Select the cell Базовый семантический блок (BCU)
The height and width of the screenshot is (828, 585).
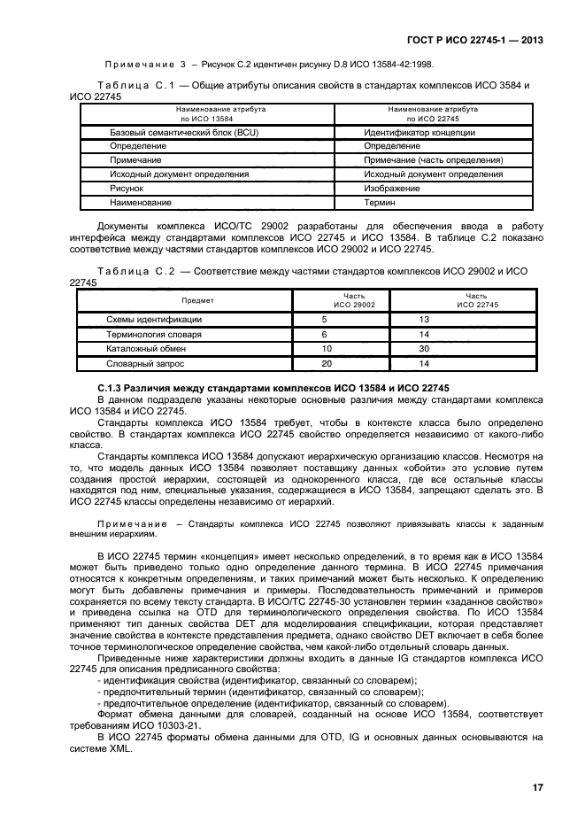166,132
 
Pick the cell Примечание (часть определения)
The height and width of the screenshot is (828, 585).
433,160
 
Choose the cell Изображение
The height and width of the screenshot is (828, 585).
391,189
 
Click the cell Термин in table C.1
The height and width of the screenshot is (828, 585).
380,203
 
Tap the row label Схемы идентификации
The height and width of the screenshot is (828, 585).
154,319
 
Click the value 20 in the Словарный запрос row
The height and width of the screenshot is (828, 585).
326,364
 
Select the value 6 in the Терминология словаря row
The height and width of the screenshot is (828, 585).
324,334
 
